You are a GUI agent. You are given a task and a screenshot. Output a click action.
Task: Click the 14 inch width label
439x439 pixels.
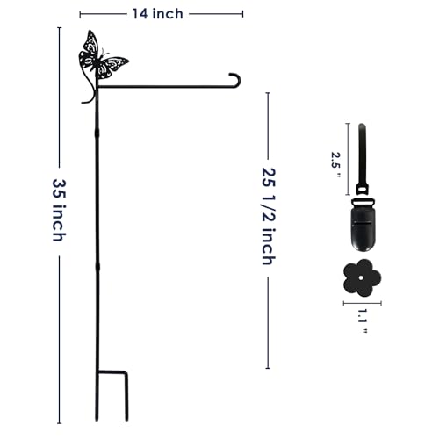(158, 14)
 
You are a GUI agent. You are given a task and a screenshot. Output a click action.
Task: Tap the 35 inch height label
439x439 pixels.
(59, 210)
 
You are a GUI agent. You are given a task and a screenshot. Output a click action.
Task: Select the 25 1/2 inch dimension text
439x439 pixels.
(269, 216)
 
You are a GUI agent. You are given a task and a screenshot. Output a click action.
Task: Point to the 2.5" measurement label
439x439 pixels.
(335, 165)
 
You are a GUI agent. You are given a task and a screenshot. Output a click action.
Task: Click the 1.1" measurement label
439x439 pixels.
(363, 321)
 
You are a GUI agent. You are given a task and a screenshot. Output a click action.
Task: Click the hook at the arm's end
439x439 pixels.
(235, 80)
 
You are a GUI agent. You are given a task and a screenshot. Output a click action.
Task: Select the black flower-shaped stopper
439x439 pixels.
(362, 277)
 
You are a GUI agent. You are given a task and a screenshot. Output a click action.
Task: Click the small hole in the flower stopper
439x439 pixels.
(362, 277)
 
